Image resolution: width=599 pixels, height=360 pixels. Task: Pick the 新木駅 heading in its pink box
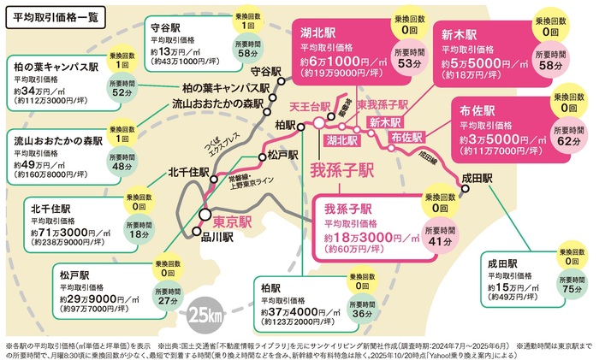tap(460, 35)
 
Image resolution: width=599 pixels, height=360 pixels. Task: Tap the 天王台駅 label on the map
tap(310, 106)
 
